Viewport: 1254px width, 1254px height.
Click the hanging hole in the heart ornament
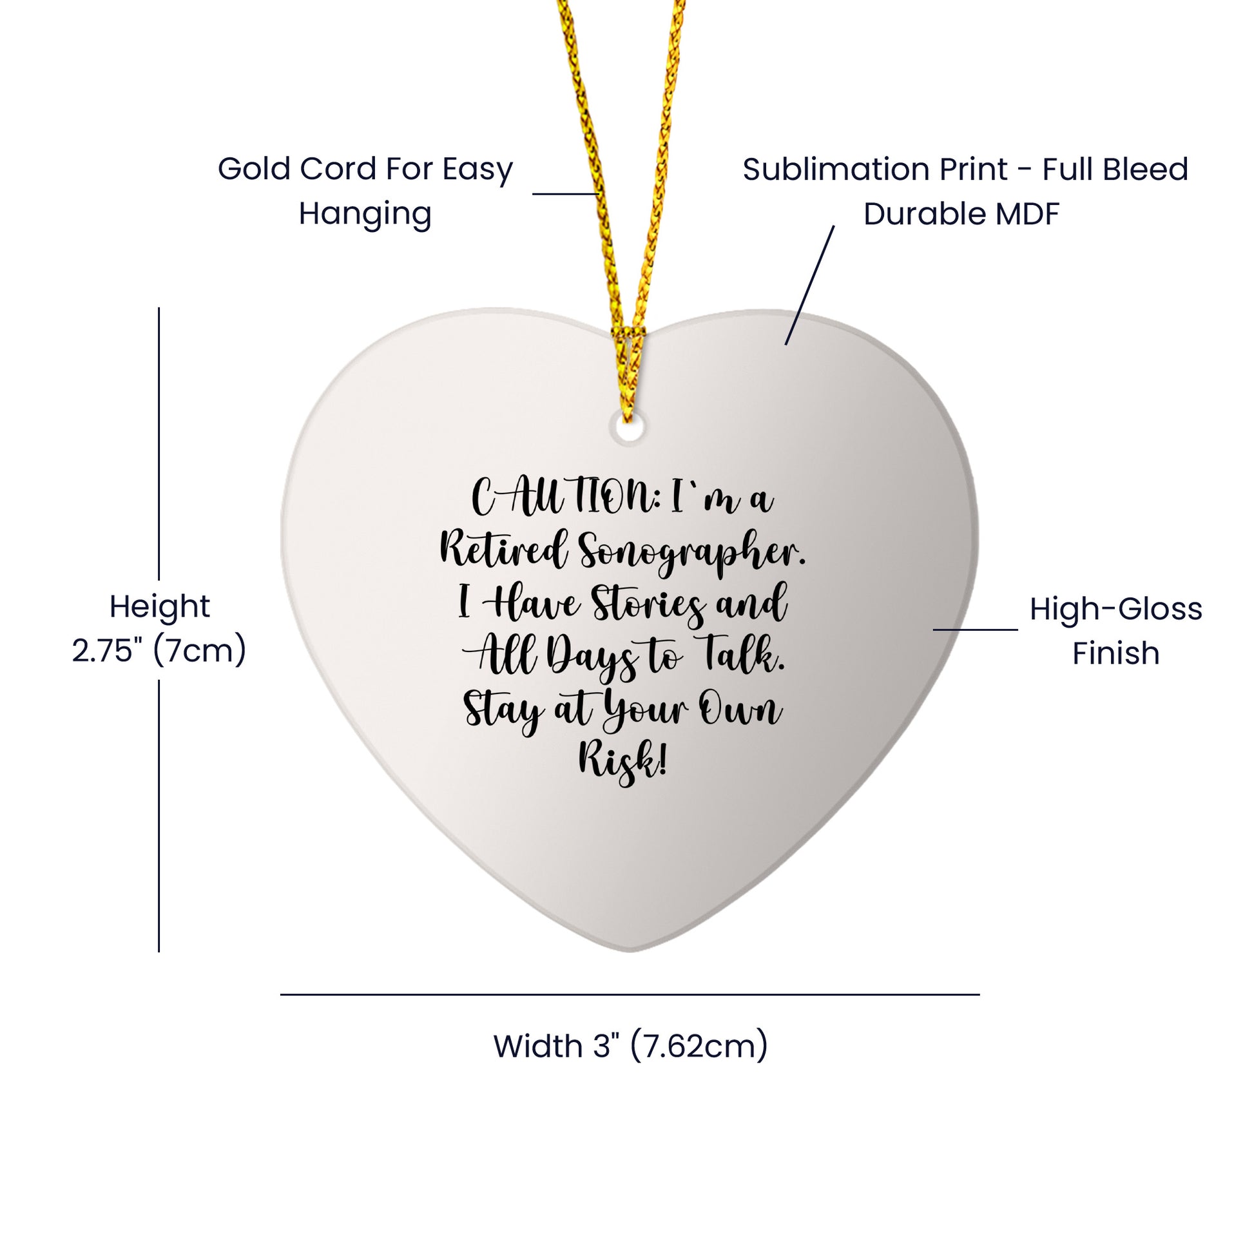tap(628, 430)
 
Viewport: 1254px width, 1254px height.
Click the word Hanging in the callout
tap(365, 213)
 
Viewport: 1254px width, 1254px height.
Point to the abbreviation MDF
tap(1026, 213)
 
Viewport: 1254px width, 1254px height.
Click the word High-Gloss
tap(1115, 610)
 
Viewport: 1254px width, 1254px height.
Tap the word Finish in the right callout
tap(1115, 653)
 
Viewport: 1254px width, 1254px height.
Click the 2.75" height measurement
tap(107, 650)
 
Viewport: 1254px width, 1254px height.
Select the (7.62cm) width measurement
tap(699, 1047)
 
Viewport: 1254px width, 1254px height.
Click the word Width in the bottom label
tap(538, 1047)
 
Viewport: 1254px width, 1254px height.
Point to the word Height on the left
tap(160, 607)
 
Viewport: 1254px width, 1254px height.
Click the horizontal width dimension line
tap(630, 994)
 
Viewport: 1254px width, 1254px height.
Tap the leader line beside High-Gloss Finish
tap(975, 630)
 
